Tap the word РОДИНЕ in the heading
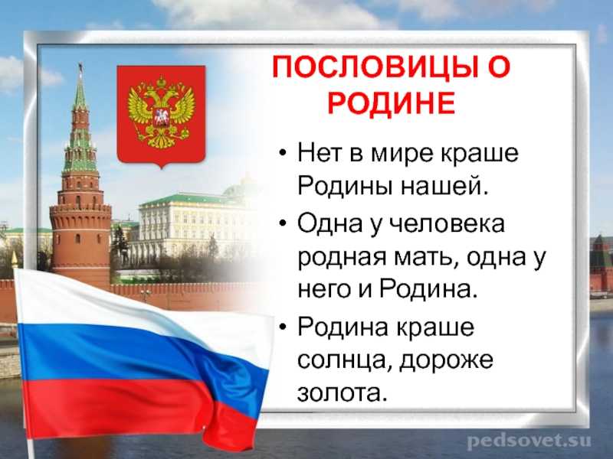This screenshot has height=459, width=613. [x=392, y=103]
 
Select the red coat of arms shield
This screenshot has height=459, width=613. [x=161, y=116]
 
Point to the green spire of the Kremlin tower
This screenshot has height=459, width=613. [x=80, y=90]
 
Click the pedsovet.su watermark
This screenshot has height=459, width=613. [x=529, y=441]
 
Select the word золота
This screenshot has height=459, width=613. [x=343, y=392]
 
